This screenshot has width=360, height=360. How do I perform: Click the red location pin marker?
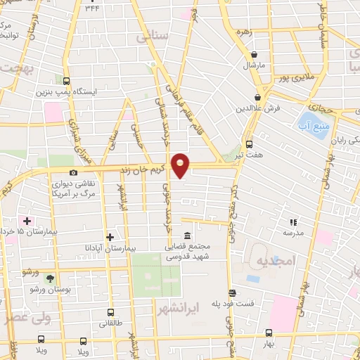[181, 165]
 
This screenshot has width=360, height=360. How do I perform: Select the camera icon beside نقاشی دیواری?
[73, 172]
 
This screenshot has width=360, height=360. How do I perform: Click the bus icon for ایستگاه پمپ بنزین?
[66, 81]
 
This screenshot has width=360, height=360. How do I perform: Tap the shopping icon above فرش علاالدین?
[259, 97]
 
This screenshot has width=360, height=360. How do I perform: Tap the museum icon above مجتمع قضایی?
[186, 236]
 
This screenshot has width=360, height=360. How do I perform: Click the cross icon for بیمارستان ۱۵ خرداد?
[27, 221]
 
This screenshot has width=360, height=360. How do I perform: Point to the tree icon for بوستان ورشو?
[49, 278]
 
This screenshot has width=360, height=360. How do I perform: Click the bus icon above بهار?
[269, 334]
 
